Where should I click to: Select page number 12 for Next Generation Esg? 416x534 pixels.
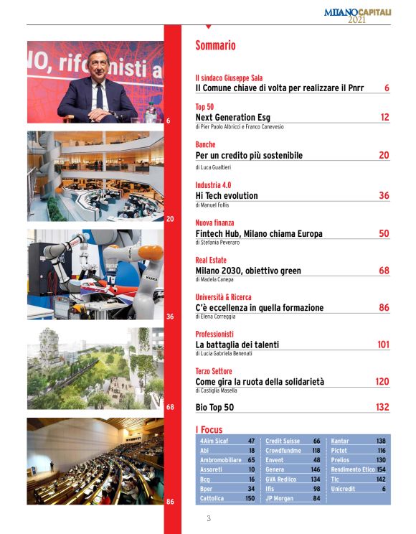(x=384, y=116)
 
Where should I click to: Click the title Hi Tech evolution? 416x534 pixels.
(x=227, y=195)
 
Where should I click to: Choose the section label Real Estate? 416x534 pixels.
(x=212, y=261)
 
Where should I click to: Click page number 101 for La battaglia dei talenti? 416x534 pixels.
(x=382, y=345)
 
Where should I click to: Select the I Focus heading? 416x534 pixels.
(x=209, y=429)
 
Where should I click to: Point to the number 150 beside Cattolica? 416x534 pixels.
(x=250, y=498)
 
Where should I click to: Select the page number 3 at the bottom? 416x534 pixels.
(x=208, y=518)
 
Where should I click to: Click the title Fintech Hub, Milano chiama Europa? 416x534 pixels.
(x=259, y=233)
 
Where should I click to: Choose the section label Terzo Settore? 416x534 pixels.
(x=214, y=371)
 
